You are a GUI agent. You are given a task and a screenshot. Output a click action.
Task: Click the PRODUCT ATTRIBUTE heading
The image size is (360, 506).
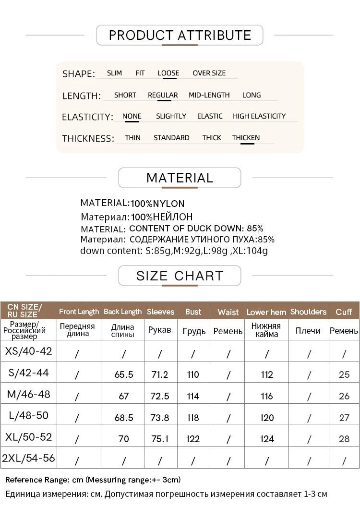tap(180, 35)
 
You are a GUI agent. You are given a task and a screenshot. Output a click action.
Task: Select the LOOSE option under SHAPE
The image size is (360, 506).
tap(168, 73)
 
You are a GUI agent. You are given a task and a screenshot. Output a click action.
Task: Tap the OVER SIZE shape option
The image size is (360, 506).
tap(209, 73)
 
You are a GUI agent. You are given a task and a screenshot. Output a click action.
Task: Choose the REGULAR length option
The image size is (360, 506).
tap(163, 95)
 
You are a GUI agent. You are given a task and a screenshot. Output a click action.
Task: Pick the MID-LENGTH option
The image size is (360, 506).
tap(209, 95)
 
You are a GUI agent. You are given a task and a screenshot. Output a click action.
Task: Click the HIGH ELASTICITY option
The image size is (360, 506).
tap(259, 116)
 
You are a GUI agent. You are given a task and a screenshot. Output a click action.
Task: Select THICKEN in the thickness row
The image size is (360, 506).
tap(246, 138)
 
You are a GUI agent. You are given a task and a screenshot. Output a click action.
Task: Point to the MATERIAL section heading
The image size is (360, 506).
tap(180, 178)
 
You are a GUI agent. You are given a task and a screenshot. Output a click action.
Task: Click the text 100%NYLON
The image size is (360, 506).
tap(157, 204)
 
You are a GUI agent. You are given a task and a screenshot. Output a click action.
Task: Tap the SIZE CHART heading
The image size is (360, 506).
tap(180, 276)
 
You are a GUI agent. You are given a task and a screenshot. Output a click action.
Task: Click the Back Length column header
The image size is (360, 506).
tap(123, 312)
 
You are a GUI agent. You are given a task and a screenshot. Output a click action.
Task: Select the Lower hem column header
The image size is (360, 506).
tap(266, 312)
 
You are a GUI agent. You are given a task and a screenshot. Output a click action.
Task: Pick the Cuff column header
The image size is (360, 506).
tap(344, 312)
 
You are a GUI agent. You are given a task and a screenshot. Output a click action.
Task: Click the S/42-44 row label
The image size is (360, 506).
tap(28, 373)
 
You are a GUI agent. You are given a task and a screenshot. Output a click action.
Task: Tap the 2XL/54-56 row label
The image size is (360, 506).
tap(28, 458)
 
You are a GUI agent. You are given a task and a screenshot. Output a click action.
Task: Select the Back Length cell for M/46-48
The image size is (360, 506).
tap(124, 396)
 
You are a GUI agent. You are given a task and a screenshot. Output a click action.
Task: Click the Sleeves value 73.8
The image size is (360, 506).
tap(160, 418)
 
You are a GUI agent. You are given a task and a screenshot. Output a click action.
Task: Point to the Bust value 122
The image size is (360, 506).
tap(193, 439)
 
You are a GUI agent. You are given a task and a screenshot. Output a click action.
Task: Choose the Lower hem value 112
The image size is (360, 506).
tap(267, 374)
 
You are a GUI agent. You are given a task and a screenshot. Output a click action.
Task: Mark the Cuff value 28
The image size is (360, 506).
tap(344, 439)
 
